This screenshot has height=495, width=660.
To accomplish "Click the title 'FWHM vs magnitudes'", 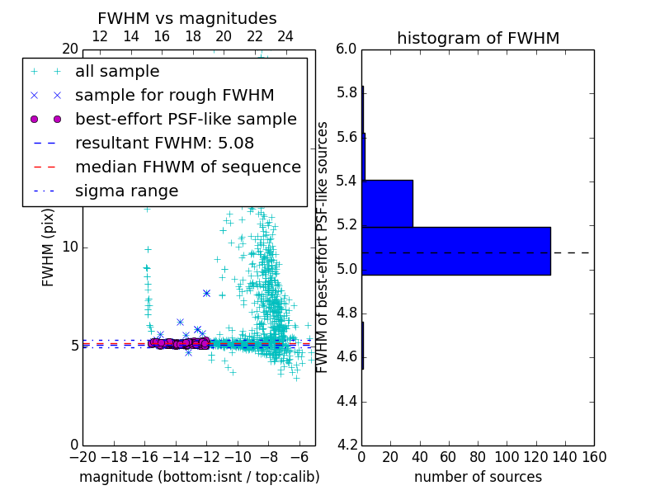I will click(187, 19).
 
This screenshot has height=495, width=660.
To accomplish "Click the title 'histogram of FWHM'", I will click(478, 38).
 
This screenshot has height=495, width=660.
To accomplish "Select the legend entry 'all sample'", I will click(117, 72).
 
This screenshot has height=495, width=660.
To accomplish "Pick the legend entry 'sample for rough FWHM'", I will click(174, 96).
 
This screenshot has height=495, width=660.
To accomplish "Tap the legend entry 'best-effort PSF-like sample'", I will click(186, 120).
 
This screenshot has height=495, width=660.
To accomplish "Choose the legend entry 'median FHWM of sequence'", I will click(187, 167).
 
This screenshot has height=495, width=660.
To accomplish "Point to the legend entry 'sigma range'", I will click(126, 191).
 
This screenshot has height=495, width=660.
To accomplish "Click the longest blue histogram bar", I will click(456, 251).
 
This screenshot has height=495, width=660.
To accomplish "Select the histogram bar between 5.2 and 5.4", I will click(388, 203).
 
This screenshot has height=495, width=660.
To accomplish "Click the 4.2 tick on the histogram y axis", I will click(346, 445).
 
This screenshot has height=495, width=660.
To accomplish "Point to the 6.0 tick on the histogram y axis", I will click(346, 49).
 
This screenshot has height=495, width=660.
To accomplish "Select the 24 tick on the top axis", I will click(285, 37).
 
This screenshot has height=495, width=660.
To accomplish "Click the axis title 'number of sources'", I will click(478, 477).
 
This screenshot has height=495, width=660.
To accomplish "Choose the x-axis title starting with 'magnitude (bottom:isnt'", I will click(199, 477).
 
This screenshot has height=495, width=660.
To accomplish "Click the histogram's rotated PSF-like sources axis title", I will click(323, 247).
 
